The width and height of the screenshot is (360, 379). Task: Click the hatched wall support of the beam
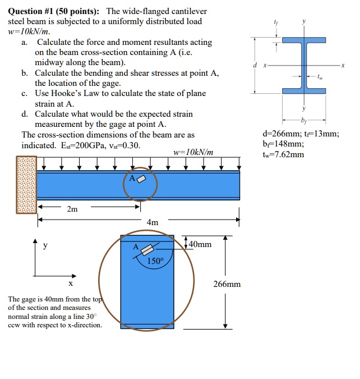[26, 184]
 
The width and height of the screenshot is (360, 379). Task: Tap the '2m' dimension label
[72, 209]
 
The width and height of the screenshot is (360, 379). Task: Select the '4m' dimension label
[152, 222]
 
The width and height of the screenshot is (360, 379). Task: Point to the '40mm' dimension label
[200, 244]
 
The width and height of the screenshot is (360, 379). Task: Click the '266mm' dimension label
[227, 284]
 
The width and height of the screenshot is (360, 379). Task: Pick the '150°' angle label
[155, 261]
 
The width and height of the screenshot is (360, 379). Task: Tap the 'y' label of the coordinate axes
[45, 245]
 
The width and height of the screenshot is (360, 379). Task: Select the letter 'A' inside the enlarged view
[135, 246]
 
